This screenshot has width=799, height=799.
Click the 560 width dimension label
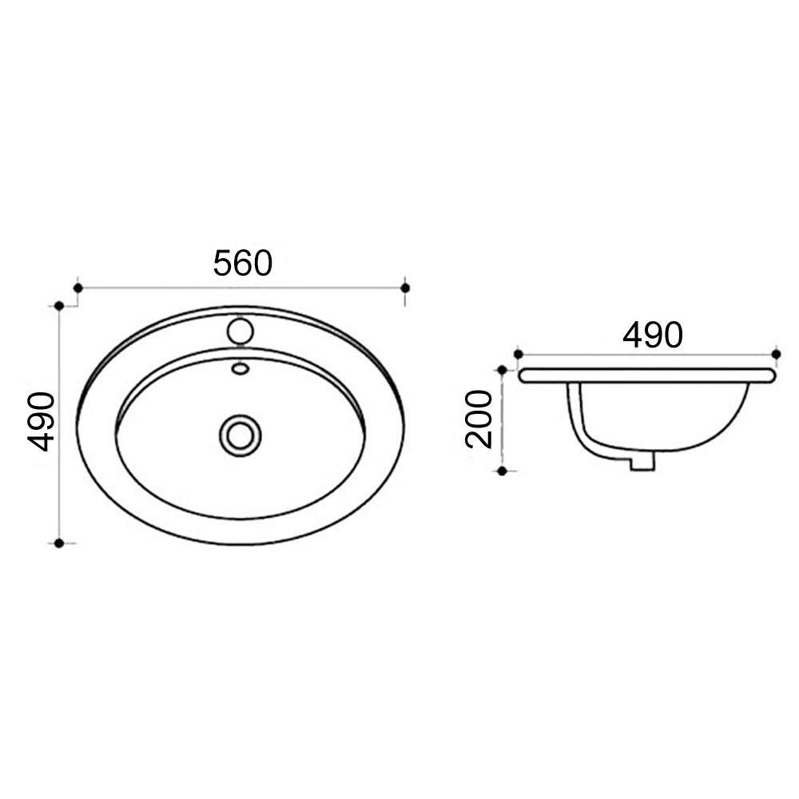(x=243, y=263)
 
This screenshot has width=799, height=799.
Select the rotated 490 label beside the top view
(x=41, y=421)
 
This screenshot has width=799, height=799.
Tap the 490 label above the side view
(x=653, y=335)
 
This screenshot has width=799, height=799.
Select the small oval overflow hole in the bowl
(x=240, y=368)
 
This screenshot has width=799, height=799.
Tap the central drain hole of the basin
(x=240, y=435)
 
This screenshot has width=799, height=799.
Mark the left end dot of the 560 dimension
(x=78, y=288)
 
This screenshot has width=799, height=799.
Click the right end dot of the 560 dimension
(x=405, y=288)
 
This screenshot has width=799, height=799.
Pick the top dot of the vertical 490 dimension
(x=58, y=305)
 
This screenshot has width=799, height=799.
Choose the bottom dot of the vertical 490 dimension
(x=58, y=543)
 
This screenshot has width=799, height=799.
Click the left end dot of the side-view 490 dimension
(x=518, y=353)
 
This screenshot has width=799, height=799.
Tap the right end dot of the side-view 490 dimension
(x=776, y=353)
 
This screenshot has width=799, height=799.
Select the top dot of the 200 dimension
(x=502, y=370)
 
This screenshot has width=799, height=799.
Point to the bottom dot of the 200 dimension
(x=502, y=471)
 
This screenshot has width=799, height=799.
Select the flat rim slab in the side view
(x=647, y=375)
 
